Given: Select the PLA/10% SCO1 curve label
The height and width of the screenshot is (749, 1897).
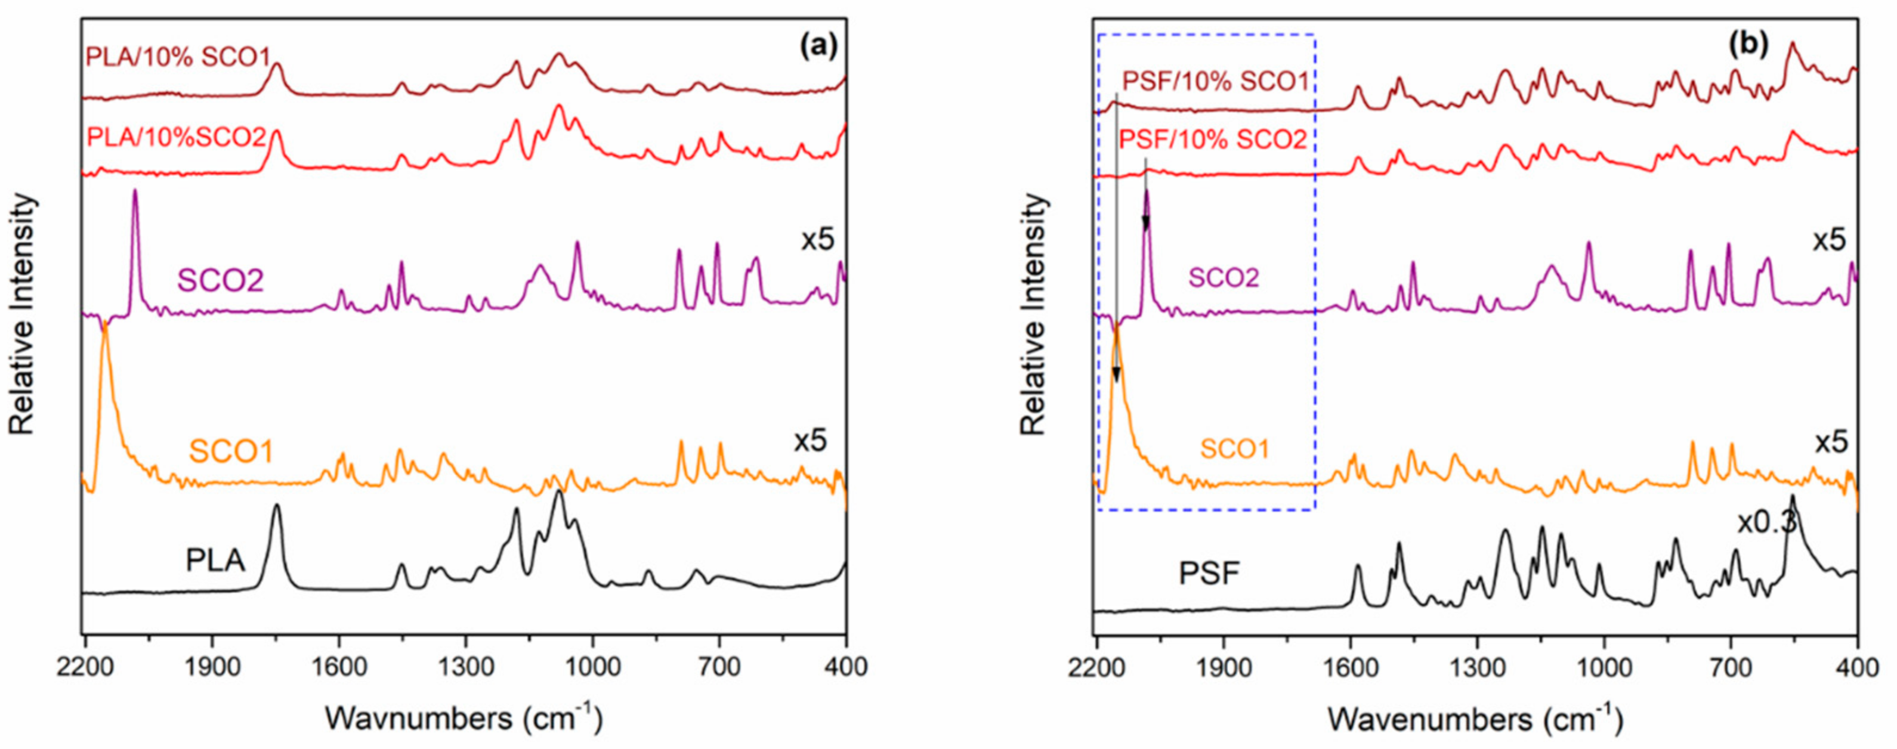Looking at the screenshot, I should [178, 57].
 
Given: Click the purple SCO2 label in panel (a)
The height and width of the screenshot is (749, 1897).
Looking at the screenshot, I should [220, 281].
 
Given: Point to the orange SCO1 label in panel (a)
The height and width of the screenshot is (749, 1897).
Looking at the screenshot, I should [231, 451].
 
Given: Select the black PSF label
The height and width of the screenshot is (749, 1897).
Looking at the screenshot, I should [1210, 574].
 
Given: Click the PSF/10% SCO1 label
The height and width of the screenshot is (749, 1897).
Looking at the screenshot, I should [1216, 81].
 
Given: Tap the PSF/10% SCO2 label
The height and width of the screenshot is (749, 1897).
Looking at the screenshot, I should [1213, 139].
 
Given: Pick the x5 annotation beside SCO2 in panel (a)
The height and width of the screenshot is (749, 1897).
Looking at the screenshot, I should [817, 240].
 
